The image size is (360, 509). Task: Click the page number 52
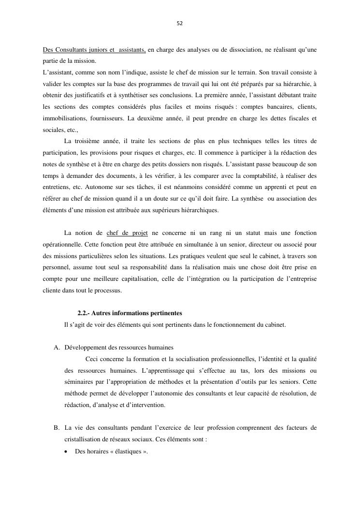[180, 23]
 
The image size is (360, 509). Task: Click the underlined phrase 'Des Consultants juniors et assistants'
[94, 50]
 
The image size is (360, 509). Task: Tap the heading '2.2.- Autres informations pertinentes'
[130, 313]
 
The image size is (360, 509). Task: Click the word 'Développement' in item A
[86, 347]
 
